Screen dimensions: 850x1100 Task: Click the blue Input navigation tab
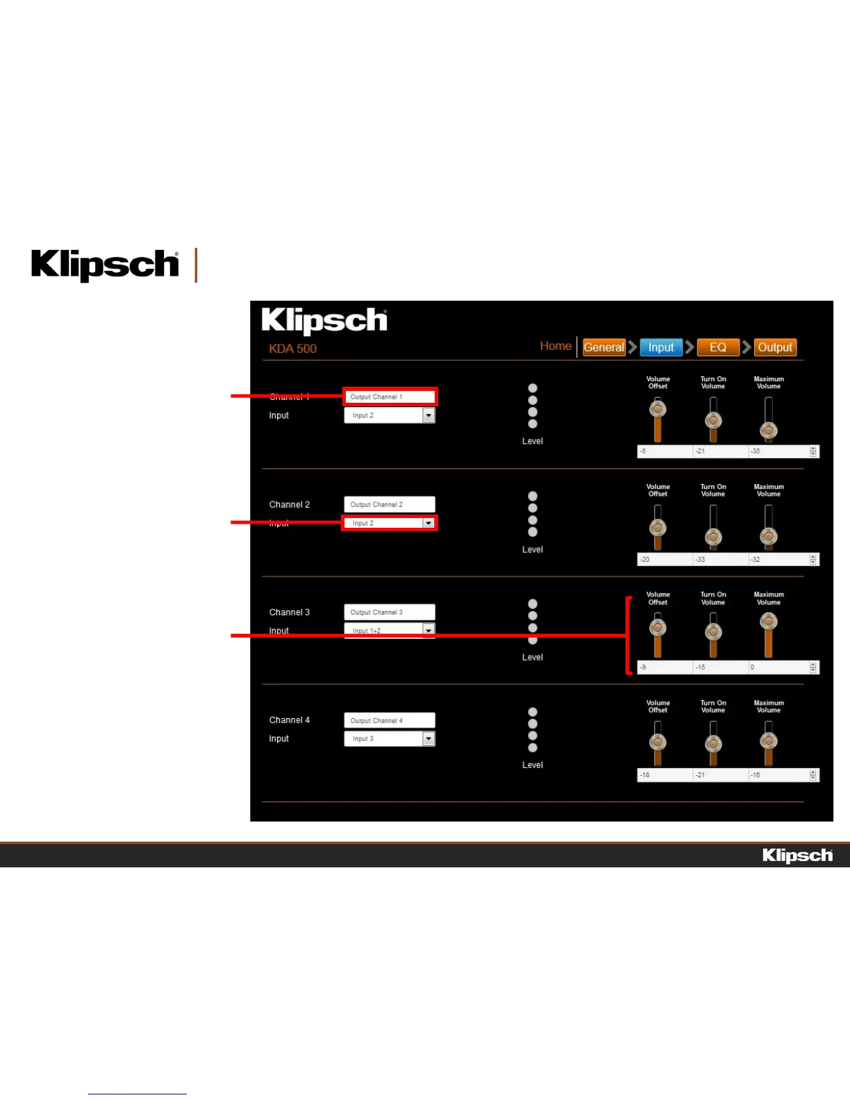click(660, 347)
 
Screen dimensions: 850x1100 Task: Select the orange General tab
click(603, 347)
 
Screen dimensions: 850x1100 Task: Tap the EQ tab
click(717, 347)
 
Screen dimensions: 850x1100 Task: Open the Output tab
click(774, 347)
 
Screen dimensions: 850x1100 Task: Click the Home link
click(556, 346)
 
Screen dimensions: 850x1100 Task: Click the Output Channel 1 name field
click(390, 397)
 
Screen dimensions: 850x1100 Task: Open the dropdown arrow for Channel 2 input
click(428, 523)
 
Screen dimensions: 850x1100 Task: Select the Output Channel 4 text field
click(390, 720)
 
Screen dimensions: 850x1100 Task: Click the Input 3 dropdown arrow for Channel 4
click(428, 739)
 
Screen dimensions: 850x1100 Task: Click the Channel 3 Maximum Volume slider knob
click(768, 622)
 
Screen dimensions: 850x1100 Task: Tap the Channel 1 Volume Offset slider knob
click(658, 409)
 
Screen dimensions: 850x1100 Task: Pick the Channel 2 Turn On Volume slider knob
click(713, 537)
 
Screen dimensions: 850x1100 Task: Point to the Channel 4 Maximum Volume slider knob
click(768, 740)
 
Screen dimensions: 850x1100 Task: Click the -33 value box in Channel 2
click(720, 560)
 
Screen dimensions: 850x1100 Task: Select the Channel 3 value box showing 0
click(778, 667)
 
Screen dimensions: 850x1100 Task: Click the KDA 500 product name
click(292, 349)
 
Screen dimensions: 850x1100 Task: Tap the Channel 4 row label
click(290, 720)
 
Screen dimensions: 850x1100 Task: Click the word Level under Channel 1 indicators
click(533, 441)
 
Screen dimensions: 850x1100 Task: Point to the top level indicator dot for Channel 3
click(533, 603)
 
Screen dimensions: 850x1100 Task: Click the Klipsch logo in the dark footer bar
click(797, 856)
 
